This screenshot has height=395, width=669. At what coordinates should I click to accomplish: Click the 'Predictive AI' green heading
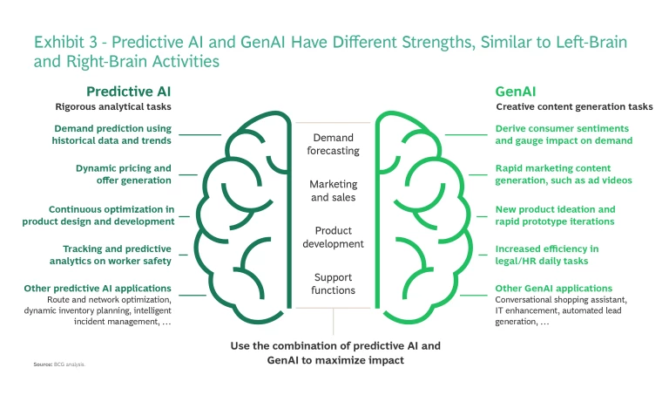coord(127,92)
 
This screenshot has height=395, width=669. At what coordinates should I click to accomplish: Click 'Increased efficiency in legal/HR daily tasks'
coord(546,255)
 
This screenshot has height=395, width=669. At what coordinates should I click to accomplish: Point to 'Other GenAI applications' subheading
coord(553,288)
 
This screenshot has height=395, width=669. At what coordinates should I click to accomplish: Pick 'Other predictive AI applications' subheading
coord(98,288)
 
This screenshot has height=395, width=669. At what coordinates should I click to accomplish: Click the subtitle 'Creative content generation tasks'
coord(574,107)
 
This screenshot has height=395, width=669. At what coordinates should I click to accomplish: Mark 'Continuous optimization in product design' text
coord(99,215)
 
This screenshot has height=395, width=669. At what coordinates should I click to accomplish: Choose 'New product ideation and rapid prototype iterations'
coord(555,215)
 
